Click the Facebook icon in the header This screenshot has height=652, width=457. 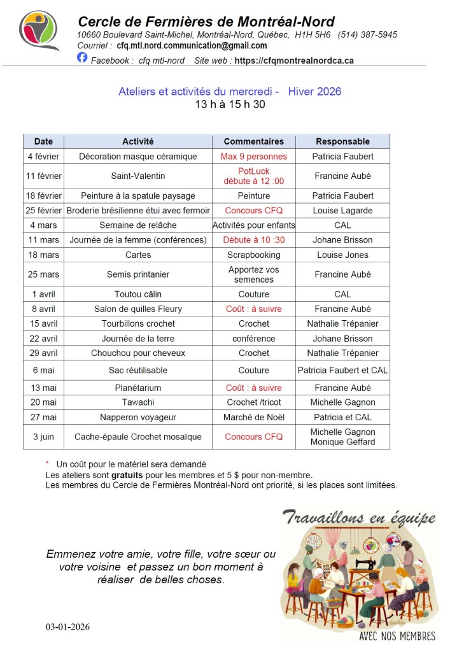(82, 57)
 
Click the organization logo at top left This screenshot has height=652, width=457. (39, 30)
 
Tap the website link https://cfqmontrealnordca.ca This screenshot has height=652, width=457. (294, 61)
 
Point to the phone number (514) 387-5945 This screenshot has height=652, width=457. (367, 35)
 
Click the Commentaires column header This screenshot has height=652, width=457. (254, 141)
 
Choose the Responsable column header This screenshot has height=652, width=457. (342, 141)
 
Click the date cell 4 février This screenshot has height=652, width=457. (44, 157)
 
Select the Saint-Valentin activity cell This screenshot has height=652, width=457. (138, 176)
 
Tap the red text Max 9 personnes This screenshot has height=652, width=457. (254, 157)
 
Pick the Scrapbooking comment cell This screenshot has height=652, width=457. (254, 255)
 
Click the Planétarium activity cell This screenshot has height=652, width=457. (138, 388)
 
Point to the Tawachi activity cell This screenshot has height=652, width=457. (138, 402)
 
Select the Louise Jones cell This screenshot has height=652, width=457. (342, 255)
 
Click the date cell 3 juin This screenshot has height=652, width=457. (44, 437)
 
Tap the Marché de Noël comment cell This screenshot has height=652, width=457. (254, 417)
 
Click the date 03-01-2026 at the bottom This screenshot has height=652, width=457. (67, 627)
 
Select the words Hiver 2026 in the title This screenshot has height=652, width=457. (314, 92)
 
